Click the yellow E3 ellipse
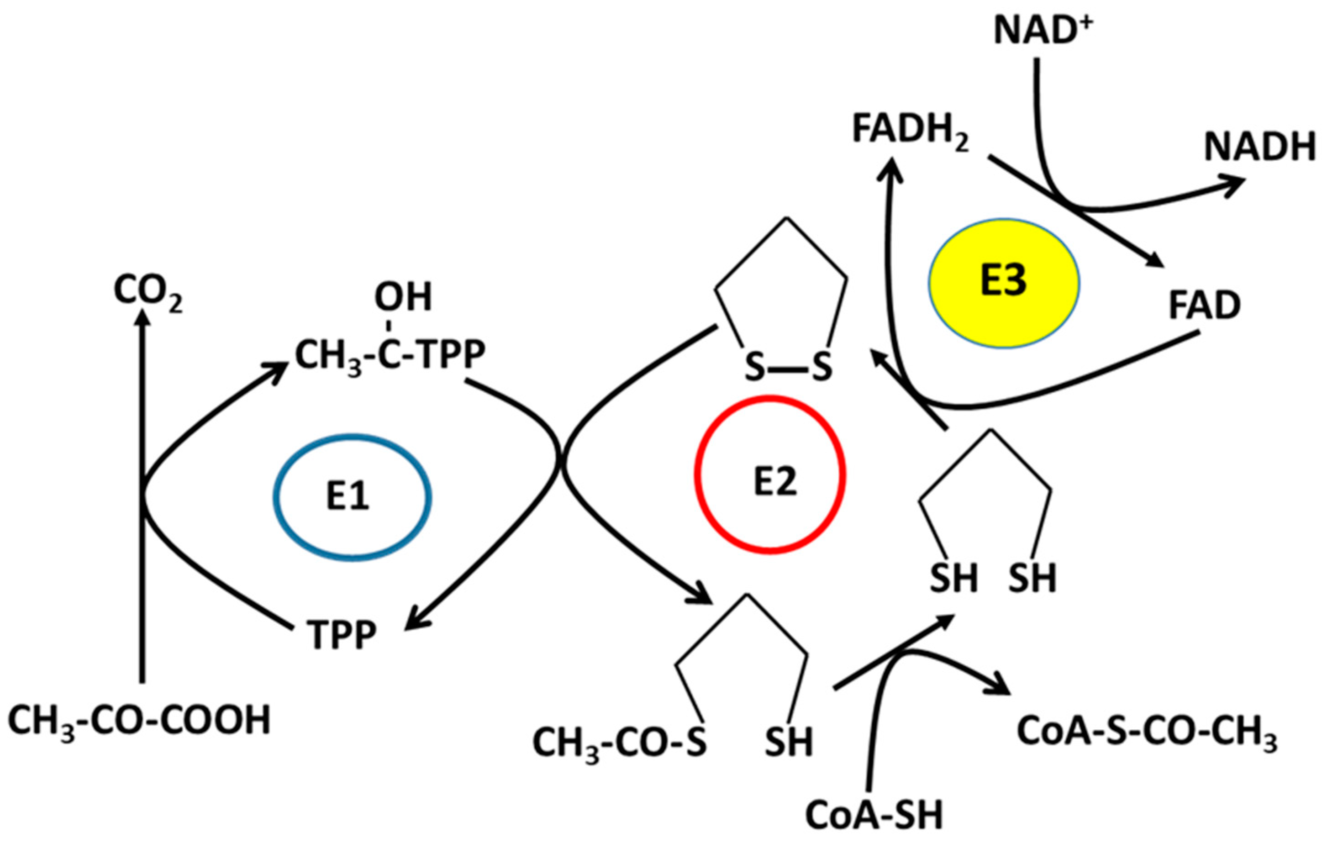point(1004,283)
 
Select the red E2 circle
point(770,474)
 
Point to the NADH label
point(1259,147)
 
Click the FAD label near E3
point(1205,306)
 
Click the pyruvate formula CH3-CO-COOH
point(139,721)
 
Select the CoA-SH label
point(874,814)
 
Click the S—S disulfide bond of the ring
point(788,367)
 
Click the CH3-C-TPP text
point(390,355)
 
